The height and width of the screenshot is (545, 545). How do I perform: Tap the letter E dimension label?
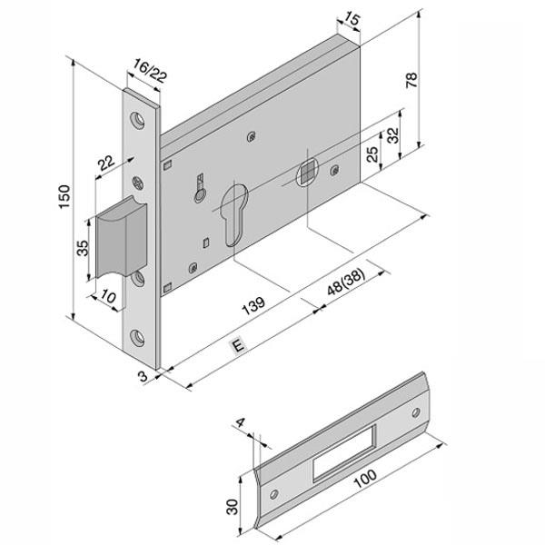click(x=239, y=347)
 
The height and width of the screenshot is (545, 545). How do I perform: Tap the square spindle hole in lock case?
click(x=305, y=170)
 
